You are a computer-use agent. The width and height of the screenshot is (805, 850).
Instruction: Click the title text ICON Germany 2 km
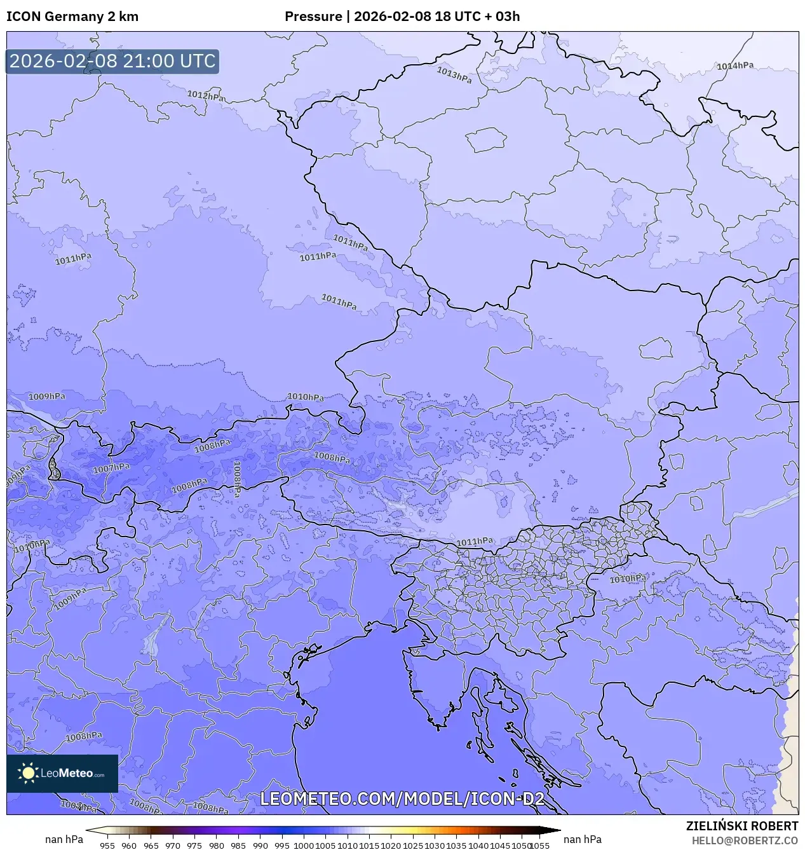click(x=72, y=17)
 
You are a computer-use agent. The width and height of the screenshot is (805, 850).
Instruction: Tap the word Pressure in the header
click(x=313, y=17)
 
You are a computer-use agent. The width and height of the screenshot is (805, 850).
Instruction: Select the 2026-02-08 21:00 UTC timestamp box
click(x=112, y=61)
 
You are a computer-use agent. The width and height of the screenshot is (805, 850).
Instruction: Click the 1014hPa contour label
click(x=735, y=66)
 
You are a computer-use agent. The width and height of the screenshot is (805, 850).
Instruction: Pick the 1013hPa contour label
click(x=454, y=75)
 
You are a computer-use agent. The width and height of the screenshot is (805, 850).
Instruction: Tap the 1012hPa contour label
click(x=205, y=96)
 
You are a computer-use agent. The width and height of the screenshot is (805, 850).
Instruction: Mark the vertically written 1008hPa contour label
click(x=237, y=479)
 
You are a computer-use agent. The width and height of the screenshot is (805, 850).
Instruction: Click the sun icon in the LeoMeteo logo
click(x=29, y=773)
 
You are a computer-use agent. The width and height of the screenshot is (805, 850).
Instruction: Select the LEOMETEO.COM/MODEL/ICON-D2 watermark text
click(x=402, y=799)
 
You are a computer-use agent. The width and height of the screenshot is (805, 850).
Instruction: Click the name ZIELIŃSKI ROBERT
click(x=741, y=826)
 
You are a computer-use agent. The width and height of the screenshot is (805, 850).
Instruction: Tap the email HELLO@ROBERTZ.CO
click(x=745, y=840)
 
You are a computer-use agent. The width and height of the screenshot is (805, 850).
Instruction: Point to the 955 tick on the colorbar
click(x=107, y=846)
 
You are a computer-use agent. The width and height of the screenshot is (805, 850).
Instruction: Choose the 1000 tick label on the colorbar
click(x=304, y=846)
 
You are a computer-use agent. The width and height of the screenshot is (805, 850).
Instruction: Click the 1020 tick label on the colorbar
click(x=391, y=846)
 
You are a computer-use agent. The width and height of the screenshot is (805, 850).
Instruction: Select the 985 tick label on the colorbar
click(x=238, y=846)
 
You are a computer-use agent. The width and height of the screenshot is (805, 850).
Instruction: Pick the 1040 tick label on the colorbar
click(x=478, y=846)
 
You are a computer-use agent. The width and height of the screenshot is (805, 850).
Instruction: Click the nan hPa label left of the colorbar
click(x=64, y=839)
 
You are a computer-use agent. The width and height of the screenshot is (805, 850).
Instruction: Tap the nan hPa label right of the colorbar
click(x=583, y=839)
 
